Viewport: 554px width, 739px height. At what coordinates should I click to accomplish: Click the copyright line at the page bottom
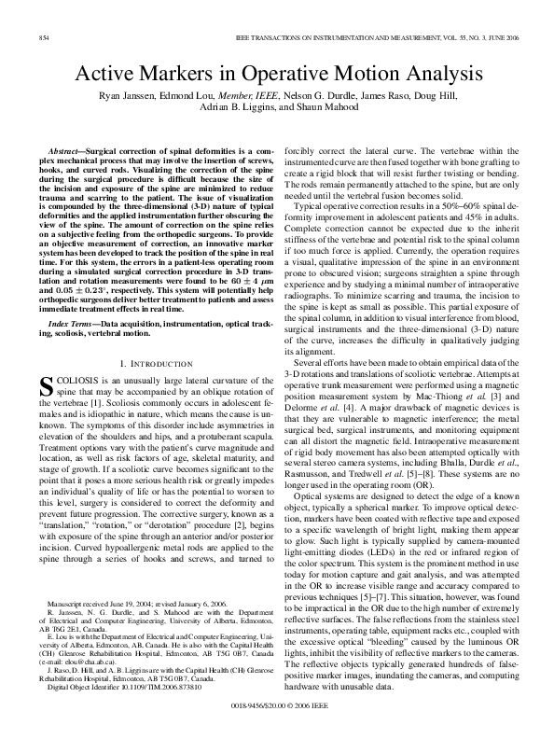click(x=277, y=709)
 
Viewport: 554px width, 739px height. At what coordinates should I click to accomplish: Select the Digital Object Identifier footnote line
click(x=118, y=686)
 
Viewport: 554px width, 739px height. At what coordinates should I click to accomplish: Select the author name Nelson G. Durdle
click(x=300, y=97)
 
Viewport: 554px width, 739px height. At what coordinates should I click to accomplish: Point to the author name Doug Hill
click(x=428, y=97)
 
